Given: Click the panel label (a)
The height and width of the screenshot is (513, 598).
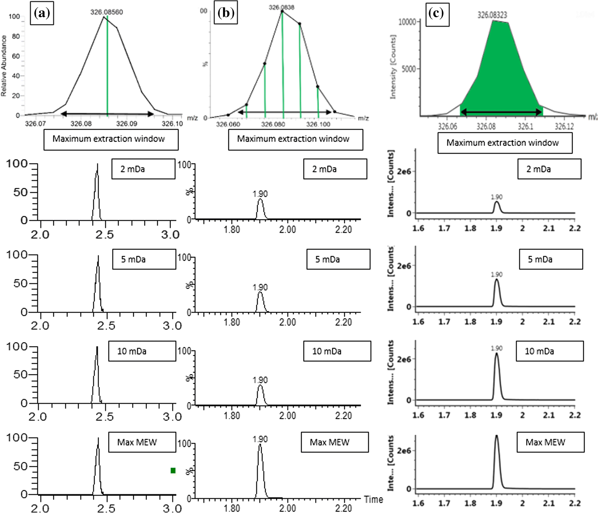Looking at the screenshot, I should point(42,14).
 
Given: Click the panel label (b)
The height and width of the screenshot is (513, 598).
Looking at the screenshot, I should point(226,13).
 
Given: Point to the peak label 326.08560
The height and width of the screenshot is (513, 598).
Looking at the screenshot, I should point(107,12).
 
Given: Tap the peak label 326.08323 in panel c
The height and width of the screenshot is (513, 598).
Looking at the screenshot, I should point(492,15).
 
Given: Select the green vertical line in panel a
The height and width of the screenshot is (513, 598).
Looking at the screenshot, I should point(107,66).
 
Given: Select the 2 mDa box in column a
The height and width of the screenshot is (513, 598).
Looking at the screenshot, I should point(143,169).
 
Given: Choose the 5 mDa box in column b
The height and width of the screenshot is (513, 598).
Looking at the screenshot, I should point(338,260).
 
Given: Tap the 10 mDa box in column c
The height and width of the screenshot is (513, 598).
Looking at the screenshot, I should point(550,351).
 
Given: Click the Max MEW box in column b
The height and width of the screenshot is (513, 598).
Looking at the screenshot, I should point(335,442).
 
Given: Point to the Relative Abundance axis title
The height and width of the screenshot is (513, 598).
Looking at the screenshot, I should point(4,66).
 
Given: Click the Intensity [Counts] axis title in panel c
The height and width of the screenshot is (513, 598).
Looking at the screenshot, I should point(393,67).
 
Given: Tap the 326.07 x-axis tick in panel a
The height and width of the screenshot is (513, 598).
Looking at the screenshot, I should point(35,124).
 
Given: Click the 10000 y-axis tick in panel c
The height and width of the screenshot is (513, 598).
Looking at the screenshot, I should point(407,22).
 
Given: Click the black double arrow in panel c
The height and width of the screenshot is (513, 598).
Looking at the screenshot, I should point(501,112).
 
